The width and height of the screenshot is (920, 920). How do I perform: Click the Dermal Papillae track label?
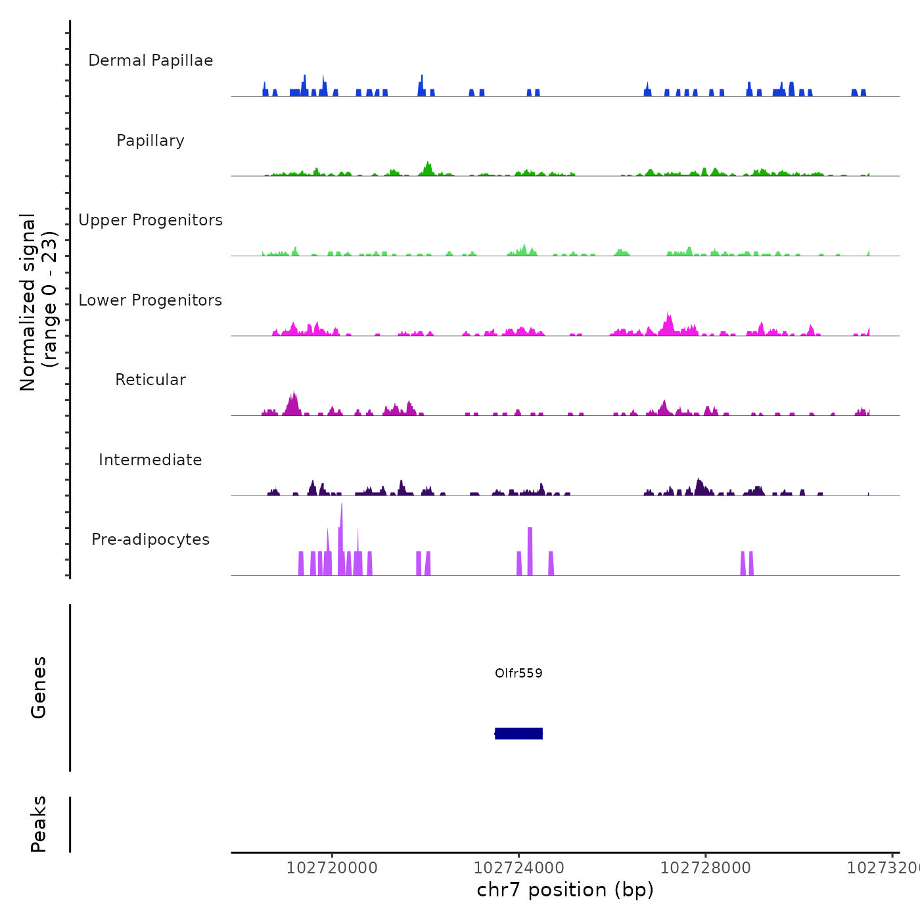[x=150, y=60]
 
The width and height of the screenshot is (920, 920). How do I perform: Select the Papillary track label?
[x=150, y=141]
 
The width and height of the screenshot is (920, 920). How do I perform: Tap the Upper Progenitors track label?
[x=150, y=220]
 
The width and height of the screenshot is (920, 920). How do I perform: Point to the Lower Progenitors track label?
[x=150, y=300]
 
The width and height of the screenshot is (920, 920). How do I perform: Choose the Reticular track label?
[x=150, y=380]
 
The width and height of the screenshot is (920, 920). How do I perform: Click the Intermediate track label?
[x=150, y=460]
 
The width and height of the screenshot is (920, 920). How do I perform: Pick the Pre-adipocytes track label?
[x=150, y=540]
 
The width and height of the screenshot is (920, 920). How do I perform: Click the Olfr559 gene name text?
[x=518, y=673]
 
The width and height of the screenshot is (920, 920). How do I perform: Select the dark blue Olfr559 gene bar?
[x=518, y=733]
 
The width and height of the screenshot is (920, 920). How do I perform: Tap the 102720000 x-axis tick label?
[x=332, y=868]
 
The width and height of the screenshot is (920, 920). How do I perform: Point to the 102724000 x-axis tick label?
[x=518, y=868]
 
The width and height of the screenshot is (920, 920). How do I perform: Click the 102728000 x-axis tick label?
[x=705, y=868]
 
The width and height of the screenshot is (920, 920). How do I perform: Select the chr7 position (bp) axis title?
[x=565, y=890]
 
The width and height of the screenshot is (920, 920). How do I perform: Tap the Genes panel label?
[x=39, y=687]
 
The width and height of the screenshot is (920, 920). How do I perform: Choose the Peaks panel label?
[x=39, y=824]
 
